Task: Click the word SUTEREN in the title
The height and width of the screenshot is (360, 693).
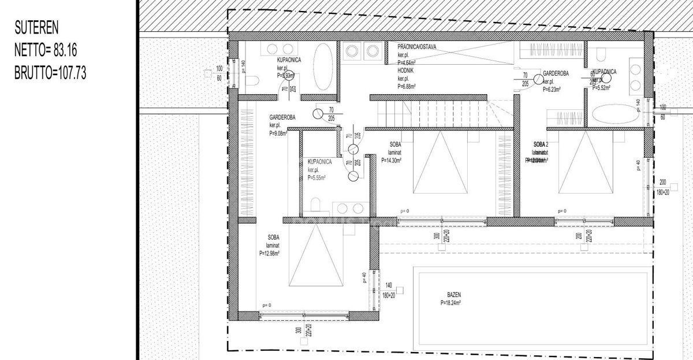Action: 36,28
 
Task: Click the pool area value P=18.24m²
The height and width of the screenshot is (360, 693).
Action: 457,302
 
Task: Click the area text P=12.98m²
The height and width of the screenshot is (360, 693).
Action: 269,253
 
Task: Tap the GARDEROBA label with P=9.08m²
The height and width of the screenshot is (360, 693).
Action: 282,117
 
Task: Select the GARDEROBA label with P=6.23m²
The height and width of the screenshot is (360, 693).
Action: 556,73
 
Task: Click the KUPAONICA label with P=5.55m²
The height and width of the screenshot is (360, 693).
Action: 319,162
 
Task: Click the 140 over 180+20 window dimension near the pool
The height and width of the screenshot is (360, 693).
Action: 388,289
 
